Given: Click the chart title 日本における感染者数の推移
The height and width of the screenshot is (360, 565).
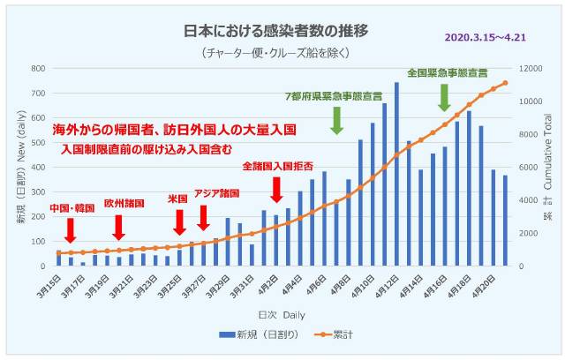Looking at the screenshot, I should pos(275,30).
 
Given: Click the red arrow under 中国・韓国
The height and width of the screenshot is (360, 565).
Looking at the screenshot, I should pos(71,229).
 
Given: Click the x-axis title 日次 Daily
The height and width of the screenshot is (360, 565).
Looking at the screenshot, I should pos(280,314).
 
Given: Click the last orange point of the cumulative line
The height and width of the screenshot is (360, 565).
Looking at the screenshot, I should pos(505,83).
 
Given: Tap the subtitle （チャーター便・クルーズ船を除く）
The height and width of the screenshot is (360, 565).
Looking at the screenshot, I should pos(275,52).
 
